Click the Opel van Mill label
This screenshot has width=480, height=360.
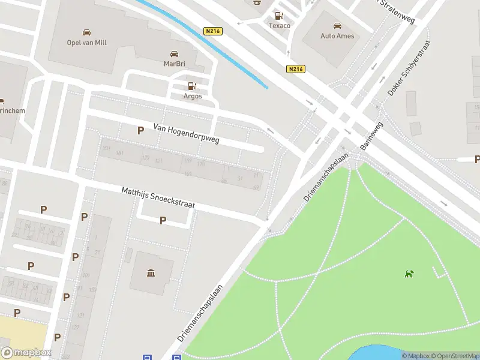(x=87, y=42)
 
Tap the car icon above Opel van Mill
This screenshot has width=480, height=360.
(x=87, y=32)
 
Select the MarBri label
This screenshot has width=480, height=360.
(x=174, y=63)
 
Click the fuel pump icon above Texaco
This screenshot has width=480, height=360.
(x=278, y=16)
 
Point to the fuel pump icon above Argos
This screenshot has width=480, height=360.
(x=192, y=86)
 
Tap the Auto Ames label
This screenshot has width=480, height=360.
(x=337, y=36)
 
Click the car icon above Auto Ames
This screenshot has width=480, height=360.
(x=337, y=26)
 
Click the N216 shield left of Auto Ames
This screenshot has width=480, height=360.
(x=295, y=69)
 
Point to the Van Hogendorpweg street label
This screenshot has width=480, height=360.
(x=187, y=134)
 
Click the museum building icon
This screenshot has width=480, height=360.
(x=151, y=274)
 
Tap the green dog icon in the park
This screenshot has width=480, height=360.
(x=409, y=274)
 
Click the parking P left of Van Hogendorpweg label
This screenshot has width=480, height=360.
(x=140, y=130)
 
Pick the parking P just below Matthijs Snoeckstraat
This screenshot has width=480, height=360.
(x=163, y=220)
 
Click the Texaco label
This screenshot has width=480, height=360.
(x=278, y=26)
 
